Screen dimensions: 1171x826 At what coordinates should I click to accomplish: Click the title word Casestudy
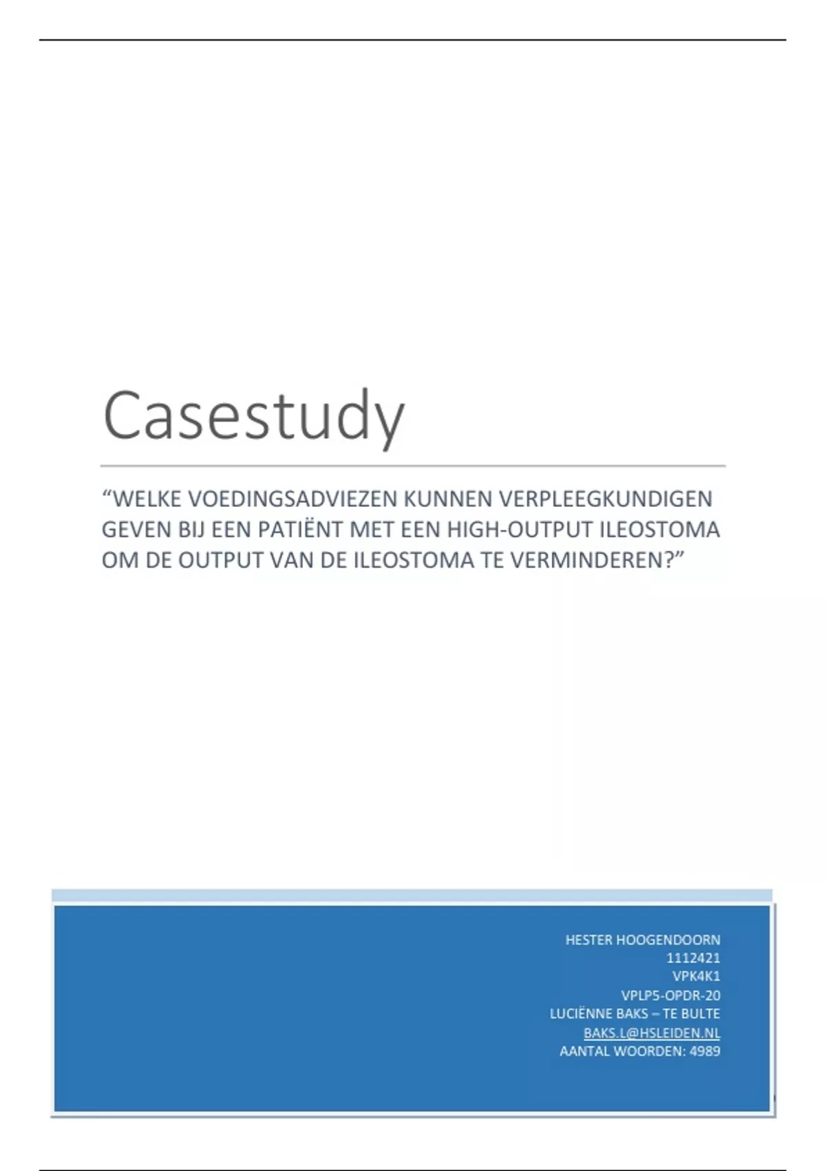(x=253, y=416)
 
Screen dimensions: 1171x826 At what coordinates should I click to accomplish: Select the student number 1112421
(x=693, y=958)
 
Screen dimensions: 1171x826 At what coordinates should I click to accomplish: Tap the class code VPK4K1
(x=696, y=976)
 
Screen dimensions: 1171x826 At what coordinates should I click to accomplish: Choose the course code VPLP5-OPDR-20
(x=670, y=995)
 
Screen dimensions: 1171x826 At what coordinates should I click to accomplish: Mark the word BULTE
(x=701, y=1014)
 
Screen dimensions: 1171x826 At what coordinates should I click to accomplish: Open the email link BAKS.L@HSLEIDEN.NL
(x=652, y=1033)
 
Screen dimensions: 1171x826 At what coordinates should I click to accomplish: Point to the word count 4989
(x=705, y=1052)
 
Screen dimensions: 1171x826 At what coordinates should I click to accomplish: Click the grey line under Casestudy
(x=413, y=466)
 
